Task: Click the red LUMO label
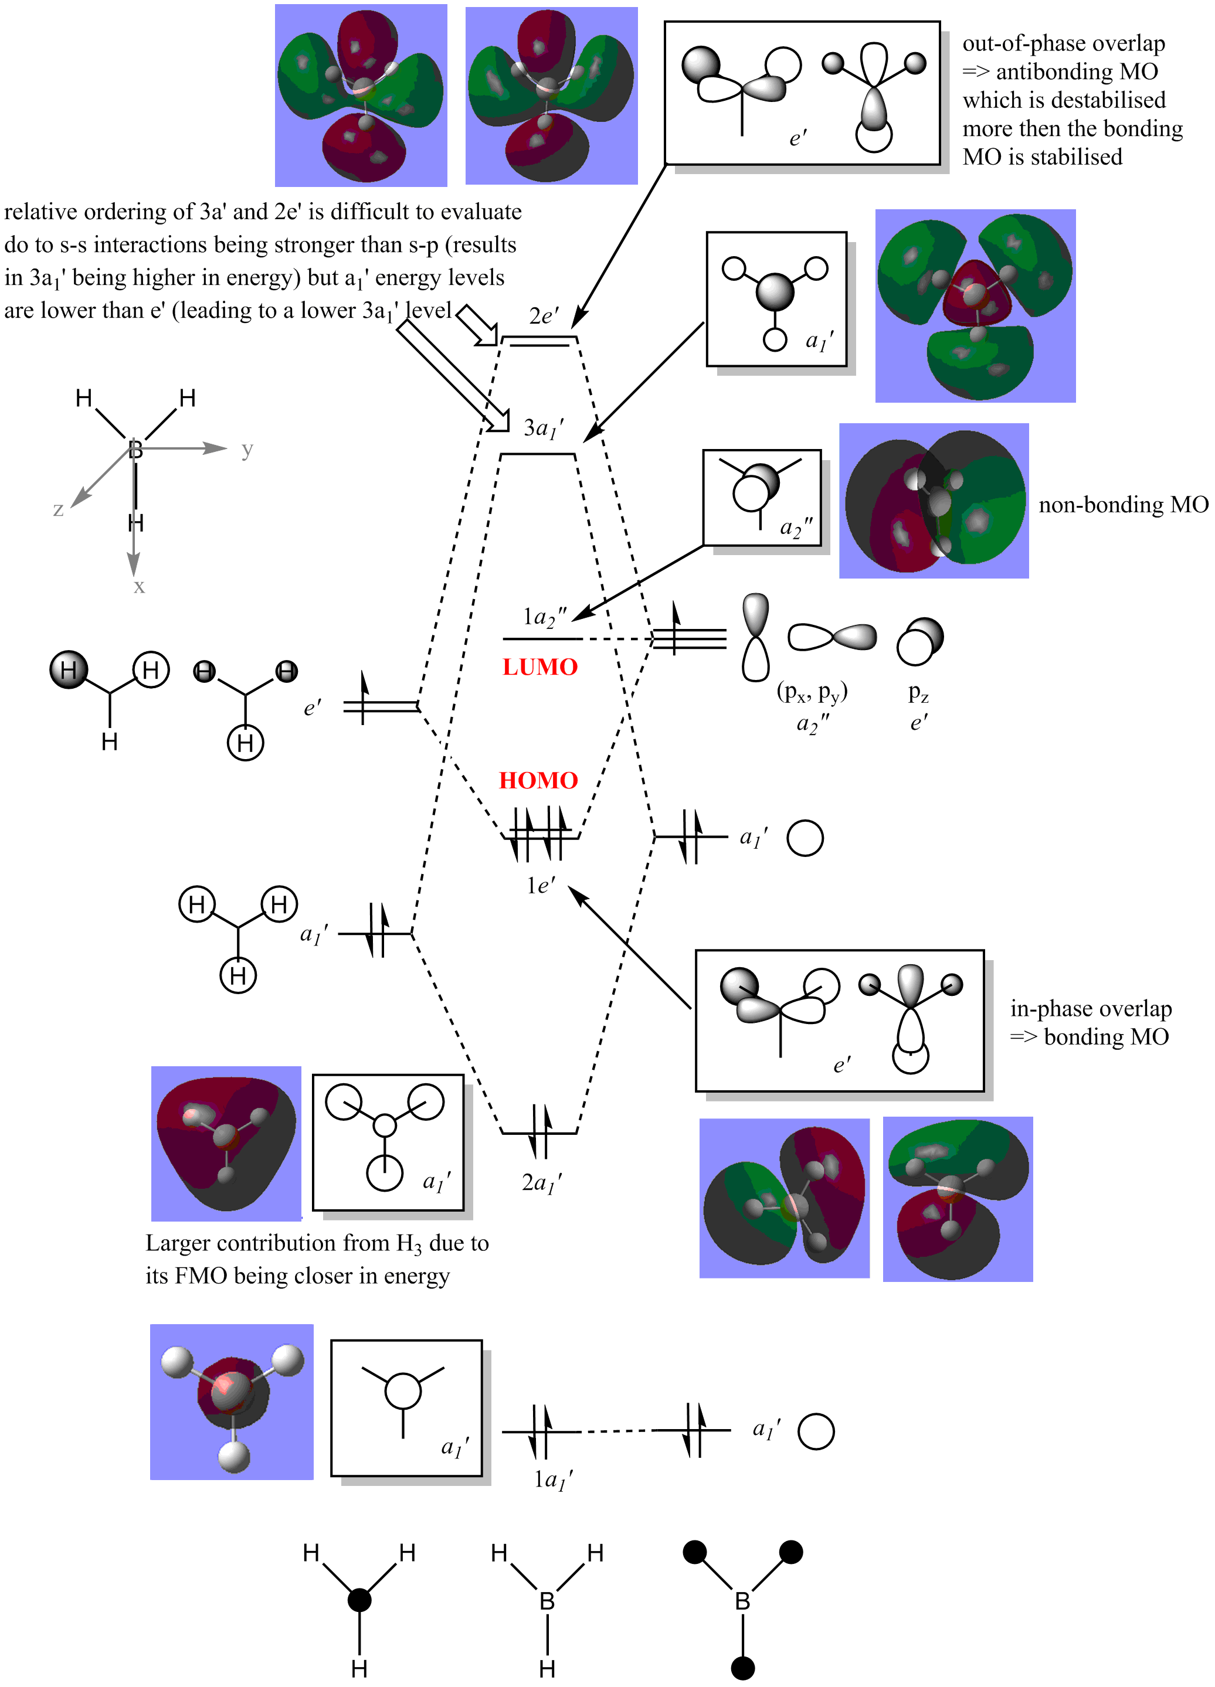point(539,666)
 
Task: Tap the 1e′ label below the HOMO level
point(540,885)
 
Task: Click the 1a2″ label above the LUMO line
point(544,617)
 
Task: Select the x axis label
point(139,587)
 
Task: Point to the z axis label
point(58,509)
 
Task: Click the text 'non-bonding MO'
point(1123,505)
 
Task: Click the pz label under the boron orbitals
point(918,694)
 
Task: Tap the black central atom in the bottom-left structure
point(359,1600)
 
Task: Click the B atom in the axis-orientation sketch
point(135,449)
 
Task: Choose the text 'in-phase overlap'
point(1091,1009)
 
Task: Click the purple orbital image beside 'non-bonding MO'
point(934,501)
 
